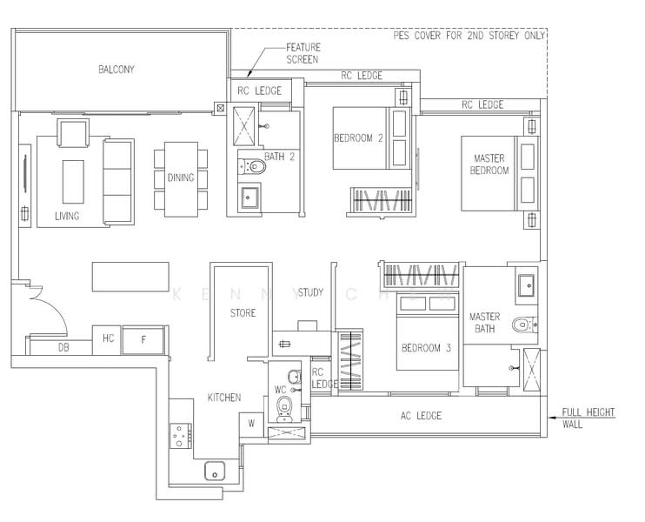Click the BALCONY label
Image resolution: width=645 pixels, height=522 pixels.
(116, 69)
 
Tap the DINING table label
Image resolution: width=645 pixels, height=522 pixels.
(181, 177)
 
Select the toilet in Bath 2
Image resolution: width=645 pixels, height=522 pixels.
(252, 166)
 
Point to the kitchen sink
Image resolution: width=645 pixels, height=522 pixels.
(215, 471)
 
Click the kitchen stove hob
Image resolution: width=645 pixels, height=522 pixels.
(181, 436)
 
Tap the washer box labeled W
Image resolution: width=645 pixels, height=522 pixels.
(251, 424)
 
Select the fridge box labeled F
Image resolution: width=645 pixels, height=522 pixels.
(143, 339)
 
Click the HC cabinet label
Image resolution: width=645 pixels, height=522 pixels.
(108, 338)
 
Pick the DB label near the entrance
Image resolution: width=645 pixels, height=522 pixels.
(63, 348)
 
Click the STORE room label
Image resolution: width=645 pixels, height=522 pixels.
(243, 313)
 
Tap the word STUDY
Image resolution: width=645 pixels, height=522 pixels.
(310, 292)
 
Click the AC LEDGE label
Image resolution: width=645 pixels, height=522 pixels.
(421, 416)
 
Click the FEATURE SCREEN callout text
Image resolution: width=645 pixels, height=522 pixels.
(303, 54)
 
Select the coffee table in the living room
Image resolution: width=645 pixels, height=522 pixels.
(73, 182)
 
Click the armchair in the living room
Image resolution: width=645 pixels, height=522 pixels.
(73, 132)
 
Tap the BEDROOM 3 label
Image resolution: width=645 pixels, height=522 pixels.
(426, 348)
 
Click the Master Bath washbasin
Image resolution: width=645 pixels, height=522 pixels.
(526, 285)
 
